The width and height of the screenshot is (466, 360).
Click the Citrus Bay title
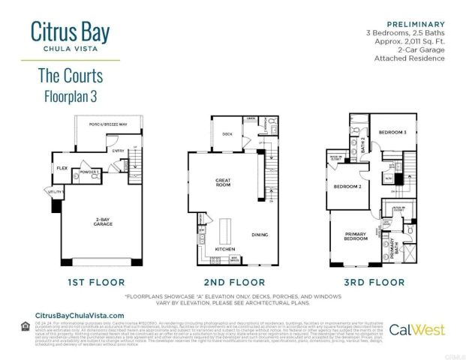pos(71,32)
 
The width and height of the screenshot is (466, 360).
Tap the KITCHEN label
pos(225,248)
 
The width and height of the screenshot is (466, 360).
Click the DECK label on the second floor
pos(227,134)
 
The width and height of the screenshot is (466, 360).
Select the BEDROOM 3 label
pos(392,132)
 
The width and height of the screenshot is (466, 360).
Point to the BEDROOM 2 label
pos(348,186)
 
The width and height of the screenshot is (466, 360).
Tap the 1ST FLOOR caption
pos(90,282)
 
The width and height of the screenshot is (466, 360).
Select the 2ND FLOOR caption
pos(235,282)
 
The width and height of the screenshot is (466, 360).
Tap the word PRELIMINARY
pos(412,23)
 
